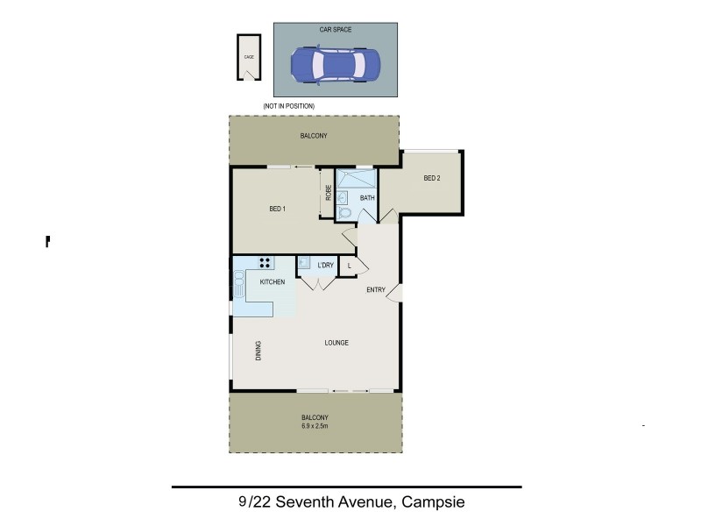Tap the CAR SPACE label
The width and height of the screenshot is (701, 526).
tap(336, 29)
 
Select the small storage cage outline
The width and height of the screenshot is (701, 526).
tap(249, 57)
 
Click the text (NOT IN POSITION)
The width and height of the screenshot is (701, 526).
tap(288, 106)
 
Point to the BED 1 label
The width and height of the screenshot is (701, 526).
tap(278, 209)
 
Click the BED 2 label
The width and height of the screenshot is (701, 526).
tap(431, 179)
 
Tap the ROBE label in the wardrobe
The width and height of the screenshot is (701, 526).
tap(328, 193)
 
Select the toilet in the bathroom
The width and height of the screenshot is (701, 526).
tap(345, 212)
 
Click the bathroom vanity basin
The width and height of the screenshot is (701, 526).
tap(343, 197)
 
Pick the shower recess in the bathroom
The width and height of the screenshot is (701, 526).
tap(357, 180)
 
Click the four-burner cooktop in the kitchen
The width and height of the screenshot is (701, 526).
tap(265, 262)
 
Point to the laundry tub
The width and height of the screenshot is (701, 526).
tap(304, 262)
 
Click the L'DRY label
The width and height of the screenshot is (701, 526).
tap(325, 265)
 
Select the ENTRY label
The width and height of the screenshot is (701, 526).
tap(376, 290)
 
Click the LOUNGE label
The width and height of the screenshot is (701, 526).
tap(336, 343)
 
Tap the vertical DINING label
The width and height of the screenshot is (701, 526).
tap(258, 351)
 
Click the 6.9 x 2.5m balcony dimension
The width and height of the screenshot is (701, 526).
tap(315, 427)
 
